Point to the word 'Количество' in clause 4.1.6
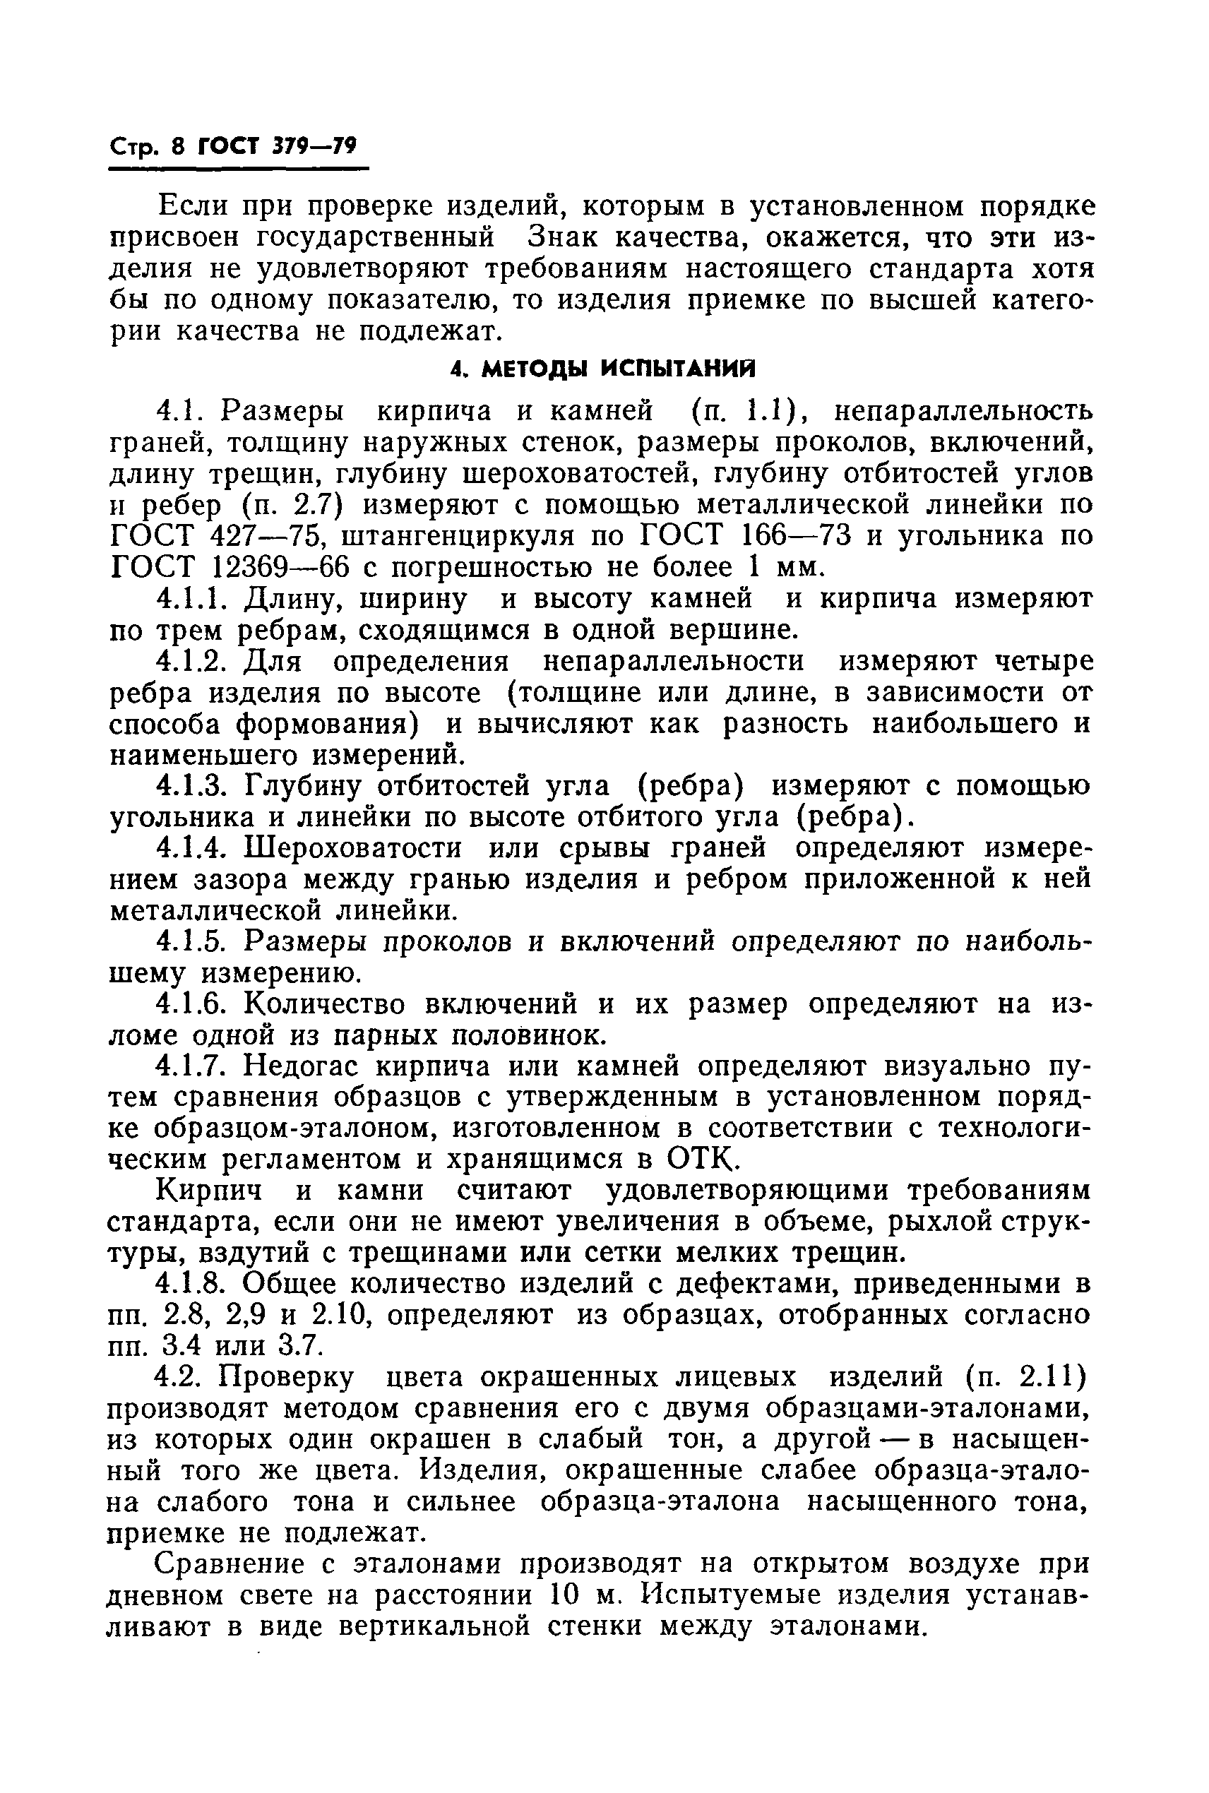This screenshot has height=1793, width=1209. (324, 1004)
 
